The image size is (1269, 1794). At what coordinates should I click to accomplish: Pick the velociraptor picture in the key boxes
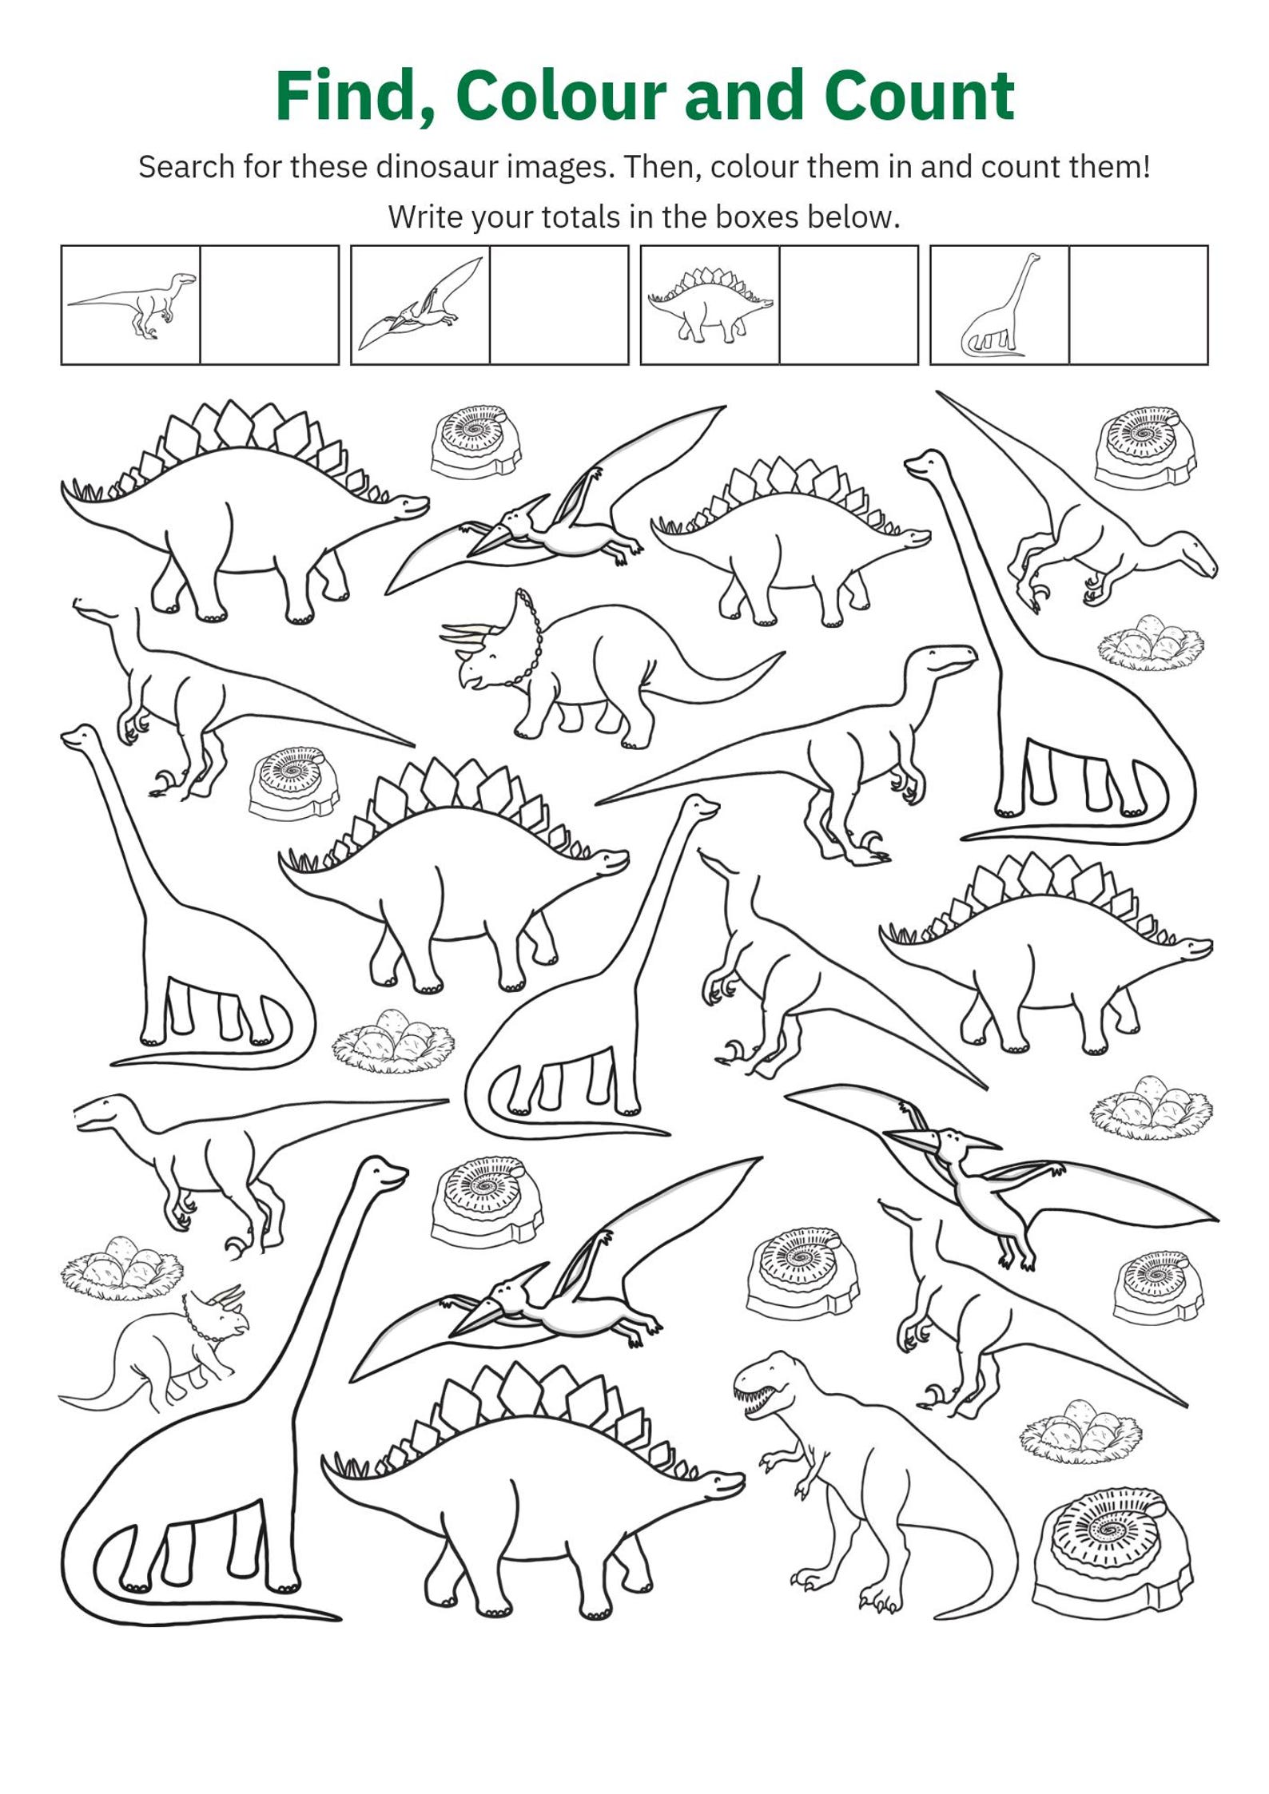(x=132, y=304)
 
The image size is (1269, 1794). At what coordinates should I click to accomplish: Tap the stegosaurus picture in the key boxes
(x=710, y=304)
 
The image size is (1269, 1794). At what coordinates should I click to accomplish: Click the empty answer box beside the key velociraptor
(x=269, y=304)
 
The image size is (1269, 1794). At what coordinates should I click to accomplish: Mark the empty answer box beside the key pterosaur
(x=559, y=304)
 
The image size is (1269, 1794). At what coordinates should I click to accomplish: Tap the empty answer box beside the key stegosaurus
(x=849, y=304)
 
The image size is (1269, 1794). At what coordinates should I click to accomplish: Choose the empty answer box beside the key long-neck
(x=1139, y=304)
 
